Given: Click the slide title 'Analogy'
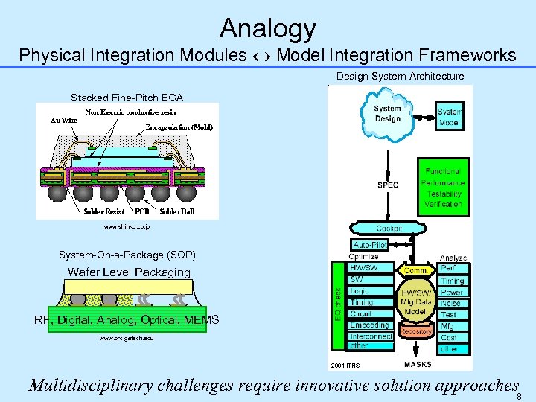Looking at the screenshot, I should click(268, 29).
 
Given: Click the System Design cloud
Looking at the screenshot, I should click(387, 113).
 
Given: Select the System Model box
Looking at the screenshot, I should click(450, 118).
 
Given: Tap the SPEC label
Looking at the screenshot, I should click(388, 185).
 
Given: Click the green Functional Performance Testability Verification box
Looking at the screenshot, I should click(443, 188).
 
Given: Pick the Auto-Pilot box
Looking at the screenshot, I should click(369, 245).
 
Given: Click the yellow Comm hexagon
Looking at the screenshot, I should click(415, 271).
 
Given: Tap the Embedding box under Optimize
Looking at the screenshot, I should click(369, 325).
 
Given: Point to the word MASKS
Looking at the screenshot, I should click(418, 364).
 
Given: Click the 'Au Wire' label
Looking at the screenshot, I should click(64, 120).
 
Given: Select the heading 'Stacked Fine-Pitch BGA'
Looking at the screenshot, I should click(127, 98).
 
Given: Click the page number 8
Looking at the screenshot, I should click(519, 396).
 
